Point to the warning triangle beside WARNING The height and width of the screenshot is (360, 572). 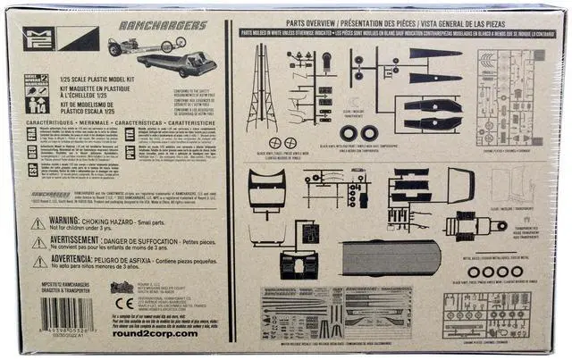point(38,223)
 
